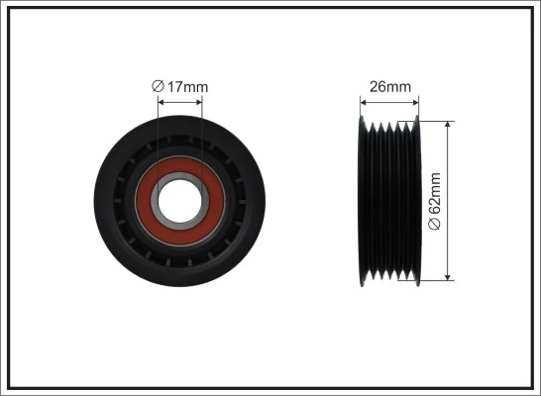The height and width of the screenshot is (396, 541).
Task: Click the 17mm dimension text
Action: pos(186,87)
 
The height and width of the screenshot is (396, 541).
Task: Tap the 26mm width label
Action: pos(389,87)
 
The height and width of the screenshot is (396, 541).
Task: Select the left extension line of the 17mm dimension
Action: pos(158,129)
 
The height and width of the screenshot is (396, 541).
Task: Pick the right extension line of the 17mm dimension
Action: pos(201,129)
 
